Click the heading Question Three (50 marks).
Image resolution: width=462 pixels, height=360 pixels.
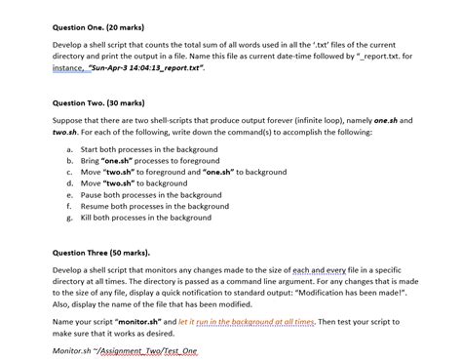101,252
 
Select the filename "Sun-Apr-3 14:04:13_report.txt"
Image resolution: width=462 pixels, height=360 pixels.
136,69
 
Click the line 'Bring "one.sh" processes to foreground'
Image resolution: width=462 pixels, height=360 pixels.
146,160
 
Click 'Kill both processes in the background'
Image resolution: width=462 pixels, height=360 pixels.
145,218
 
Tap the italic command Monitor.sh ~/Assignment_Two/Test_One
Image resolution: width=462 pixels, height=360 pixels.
125,349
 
